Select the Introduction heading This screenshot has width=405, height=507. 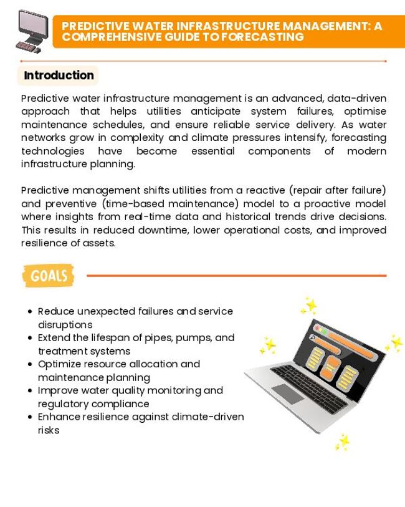59,75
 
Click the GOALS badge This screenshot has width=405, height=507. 48,275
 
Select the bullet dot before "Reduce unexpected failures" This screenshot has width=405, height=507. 30,311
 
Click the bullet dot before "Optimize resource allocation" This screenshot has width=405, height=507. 30,364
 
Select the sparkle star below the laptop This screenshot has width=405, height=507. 341,442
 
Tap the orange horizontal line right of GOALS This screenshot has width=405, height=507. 236,275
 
